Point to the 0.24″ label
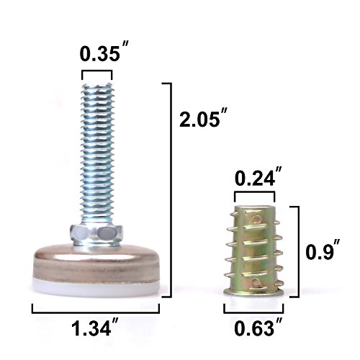(x=254, y=176)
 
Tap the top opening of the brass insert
(x=253, y=207)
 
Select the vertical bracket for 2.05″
(x=170, y=190)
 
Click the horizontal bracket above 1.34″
(x=96, y=308)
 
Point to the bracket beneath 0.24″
(x=254, y=193)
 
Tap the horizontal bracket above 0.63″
(x=253, y=308)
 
